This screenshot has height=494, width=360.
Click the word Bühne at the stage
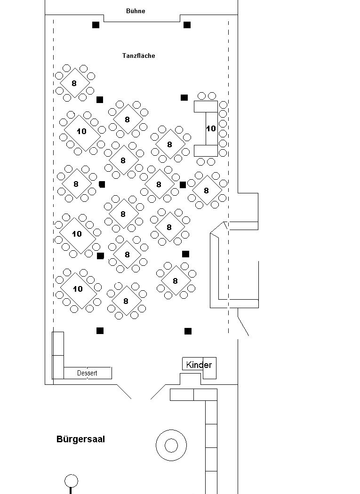click(x=136, y=11)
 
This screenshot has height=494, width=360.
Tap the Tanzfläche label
click(x=139, y=56)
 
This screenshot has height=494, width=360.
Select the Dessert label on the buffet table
click(x=87, y=373)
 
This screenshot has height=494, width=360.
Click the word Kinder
click(x=199, y=365)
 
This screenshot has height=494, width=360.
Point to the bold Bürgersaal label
click(x=80, y=439)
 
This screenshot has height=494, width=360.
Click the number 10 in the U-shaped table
click(x=211, y=128)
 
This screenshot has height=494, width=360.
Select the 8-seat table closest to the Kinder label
click(x=176, y=281)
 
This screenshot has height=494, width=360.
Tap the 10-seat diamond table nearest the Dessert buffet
click(x=78, y=289)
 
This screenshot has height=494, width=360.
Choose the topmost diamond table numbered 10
click(x=82, y=131)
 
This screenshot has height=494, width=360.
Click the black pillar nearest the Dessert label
click(x=100, y=330)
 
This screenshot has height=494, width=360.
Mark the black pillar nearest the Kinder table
click(x=188, y=331)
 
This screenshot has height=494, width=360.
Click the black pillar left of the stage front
click(x=96, y=24)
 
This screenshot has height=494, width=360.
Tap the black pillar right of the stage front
click(x=187, y=24)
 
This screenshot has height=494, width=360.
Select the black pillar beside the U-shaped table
click(x=184, y=98)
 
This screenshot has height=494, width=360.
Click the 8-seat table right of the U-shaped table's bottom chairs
click(x=207, y=191)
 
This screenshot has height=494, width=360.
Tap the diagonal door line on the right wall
click(x=243, y=322)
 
